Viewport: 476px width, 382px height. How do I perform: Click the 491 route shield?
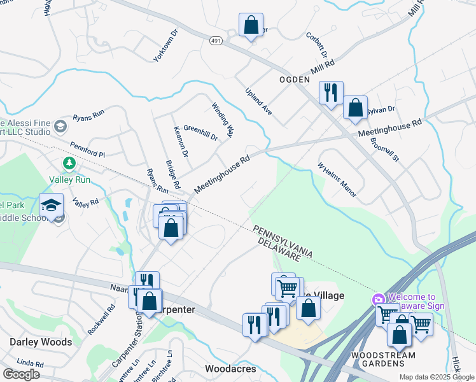[217, 40]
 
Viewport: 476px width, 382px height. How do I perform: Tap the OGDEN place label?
[295, 80]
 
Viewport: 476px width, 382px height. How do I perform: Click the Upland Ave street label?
[259, 101]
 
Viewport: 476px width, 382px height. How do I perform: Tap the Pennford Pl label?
[87, 150]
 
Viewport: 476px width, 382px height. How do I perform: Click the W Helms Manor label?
[337, 179]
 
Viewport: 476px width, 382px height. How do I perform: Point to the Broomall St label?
[384, 149]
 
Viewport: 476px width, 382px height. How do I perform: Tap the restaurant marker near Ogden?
[331, 93]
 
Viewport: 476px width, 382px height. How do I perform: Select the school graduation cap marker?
[52, 205]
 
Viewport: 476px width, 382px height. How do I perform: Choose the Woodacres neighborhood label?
[231, 369]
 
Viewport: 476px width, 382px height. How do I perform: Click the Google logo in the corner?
[22, 374]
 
